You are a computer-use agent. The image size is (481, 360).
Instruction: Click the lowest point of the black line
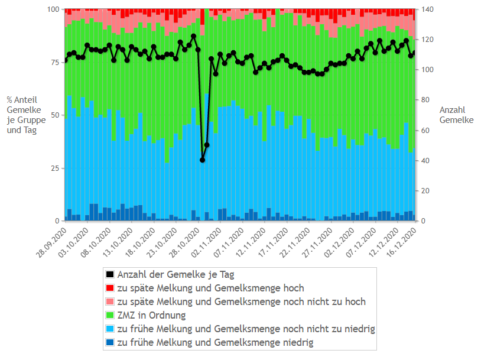[x=202, y=160]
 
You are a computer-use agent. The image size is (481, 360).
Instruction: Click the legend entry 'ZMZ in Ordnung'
[x=151, y=315]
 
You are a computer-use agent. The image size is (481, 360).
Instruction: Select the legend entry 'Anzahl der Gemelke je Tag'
[x=175, y=274]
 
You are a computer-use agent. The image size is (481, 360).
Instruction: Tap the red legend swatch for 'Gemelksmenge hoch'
[x=110, y=288]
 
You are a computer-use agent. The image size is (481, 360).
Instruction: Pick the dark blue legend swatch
[x=110, y=343]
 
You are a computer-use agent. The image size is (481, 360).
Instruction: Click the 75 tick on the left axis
[x=54, y=62]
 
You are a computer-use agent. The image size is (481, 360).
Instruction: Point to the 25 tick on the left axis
[x=54, y=168]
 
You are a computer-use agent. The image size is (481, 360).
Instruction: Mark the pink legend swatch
[x=110, y=302]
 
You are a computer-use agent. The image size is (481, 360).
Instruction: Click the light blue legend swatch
[x=110, y=329]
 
